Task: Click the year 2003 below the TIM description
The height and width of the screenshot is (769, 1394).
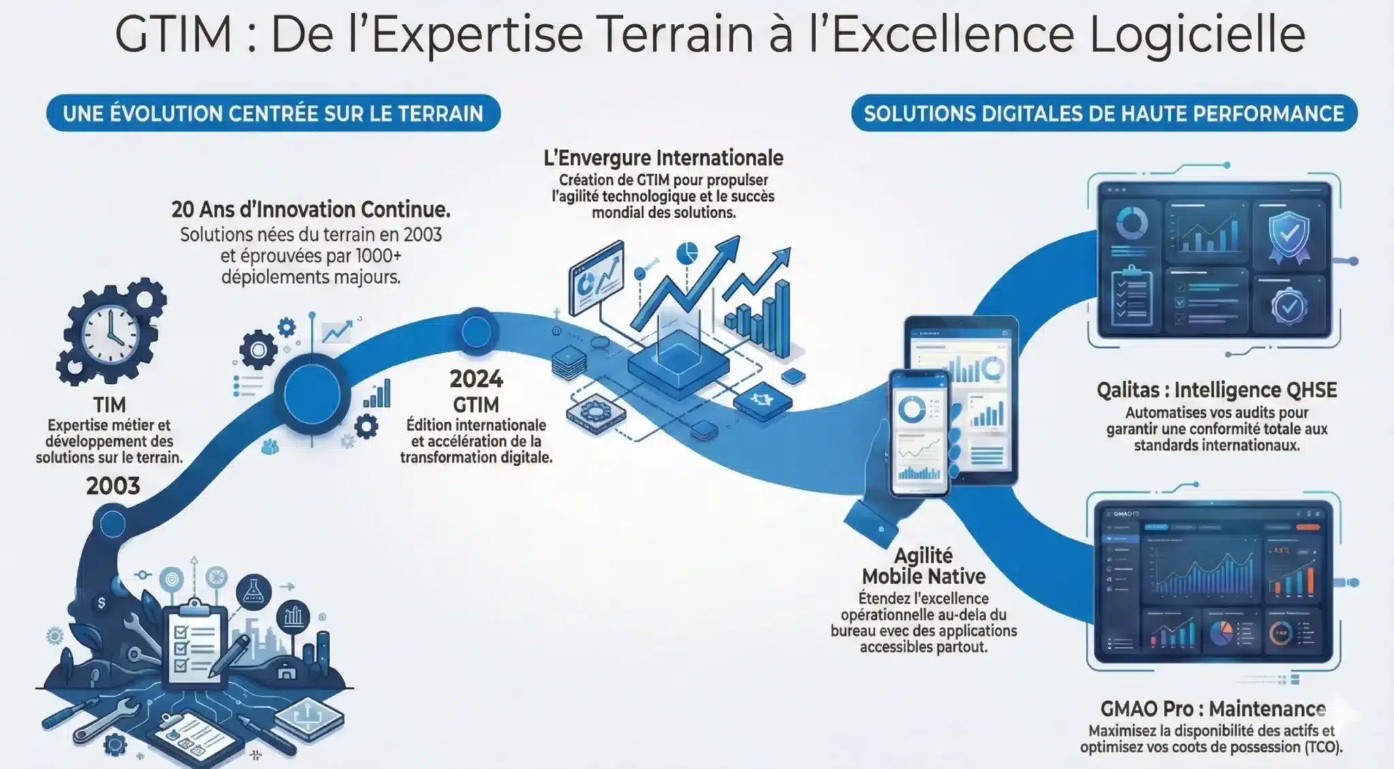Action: point(113,486)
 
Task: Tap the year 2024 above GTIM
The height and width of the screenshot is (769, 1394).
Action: point(476,379)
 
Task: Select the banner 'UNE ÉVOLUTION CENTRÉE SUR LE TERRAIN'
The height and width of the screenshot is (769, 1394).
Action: point(274,113)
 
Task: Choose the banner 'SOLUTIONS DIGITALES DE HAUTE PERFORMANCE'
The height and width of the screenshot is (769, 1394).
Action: point(1104,113)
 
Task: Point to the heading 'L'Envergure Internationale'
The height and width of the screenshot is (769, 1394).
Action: point(663,158)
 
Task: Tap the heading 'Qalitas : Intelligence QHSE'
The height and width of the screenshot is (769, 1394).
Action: point(1216,390)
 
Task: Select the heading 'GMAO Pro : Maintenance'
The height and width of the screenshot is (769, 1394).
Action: point(1213,708)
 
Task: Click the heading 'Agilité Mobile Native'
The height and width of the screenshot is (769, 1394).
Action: point(924,566)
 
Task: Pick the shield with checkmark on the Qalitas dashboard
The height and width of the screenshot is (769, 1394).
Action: point(1288,236)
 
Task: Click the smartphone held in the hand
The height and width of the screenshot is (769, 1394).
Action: point(920,433)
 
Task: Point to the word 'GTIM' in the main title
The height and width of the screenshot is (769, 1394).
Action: point(174,34)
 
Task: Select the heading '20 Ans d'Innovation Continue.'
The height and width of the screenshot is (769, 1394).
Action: point(311,210)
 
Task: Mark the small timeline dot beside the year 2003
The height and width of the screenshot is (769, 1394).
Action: point(112,524)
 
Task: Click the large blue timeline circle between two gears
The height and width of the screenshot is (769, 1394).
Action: point(312,395)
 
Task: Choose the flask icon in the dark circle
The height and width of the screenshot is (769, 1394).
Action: point(253,591)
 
